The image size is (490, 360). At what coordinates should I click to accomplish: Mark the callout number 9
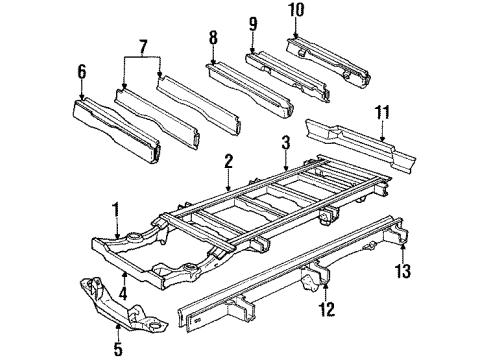[x=252, y=23]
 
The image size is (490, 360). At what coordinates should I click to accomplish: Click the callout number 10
[x=294, y=12]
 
